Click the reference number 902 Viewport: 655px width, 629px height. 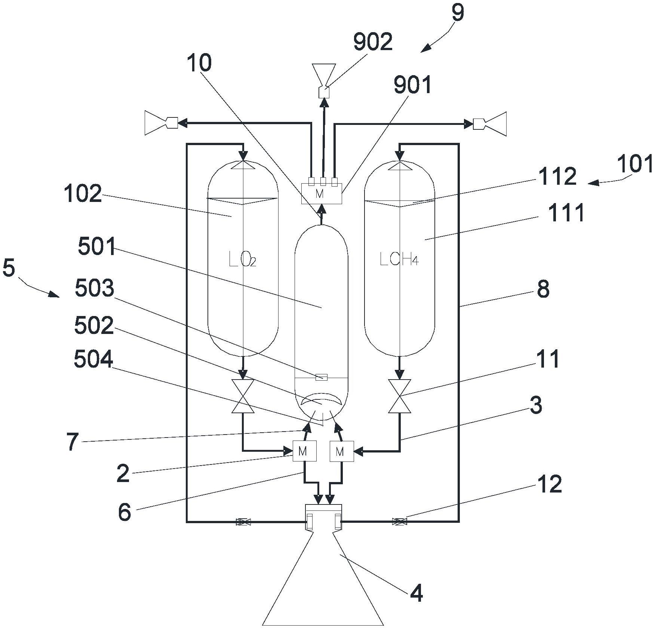tap(373, 42)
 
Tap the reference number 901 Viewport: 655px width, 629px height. tap(412, 85)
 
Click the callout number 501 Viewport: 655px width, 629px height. tap(97, 247)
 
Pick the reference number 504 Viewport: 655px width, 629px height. tap(93, 359)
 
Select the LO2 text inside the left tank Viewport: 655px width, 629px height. tap(242, 260)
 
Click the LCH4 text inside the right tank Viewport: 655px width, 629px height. tap(399, 259)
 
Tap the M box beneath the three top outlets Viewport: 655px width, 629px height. tap(321, 194)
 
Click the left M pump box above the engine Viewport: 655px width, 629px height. tap(304, 451)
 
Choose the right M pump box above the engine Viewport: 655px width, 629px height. tap(341, 451)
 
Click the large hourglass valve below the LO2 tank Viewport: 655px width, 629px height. tap(243, 396)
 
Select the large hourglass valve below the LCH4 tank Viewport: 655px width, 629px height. tap(400, 396)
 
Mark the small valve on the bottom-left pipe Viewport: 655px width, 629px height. tap(243, 522)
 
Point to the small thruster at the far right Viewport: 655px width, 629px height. tap(490, 123)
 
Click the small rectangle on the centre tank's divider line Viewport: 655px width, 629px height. tap(322, 377)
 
